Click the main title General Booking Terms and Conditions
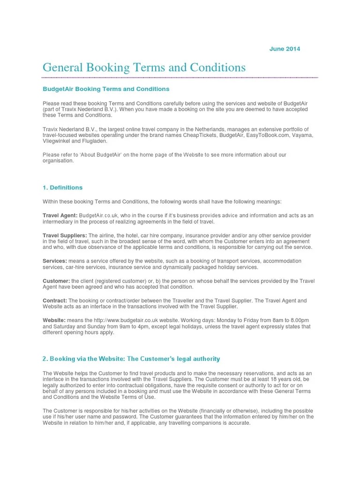144,67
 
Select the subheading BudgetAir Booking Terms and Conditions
106,89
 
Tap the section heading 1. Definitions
62,187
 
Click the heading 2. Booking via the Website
131,359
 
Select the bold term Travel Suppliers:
65,235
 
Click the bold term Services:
55,261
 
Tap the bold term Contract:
55,300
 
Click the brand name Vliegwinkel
58,141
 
